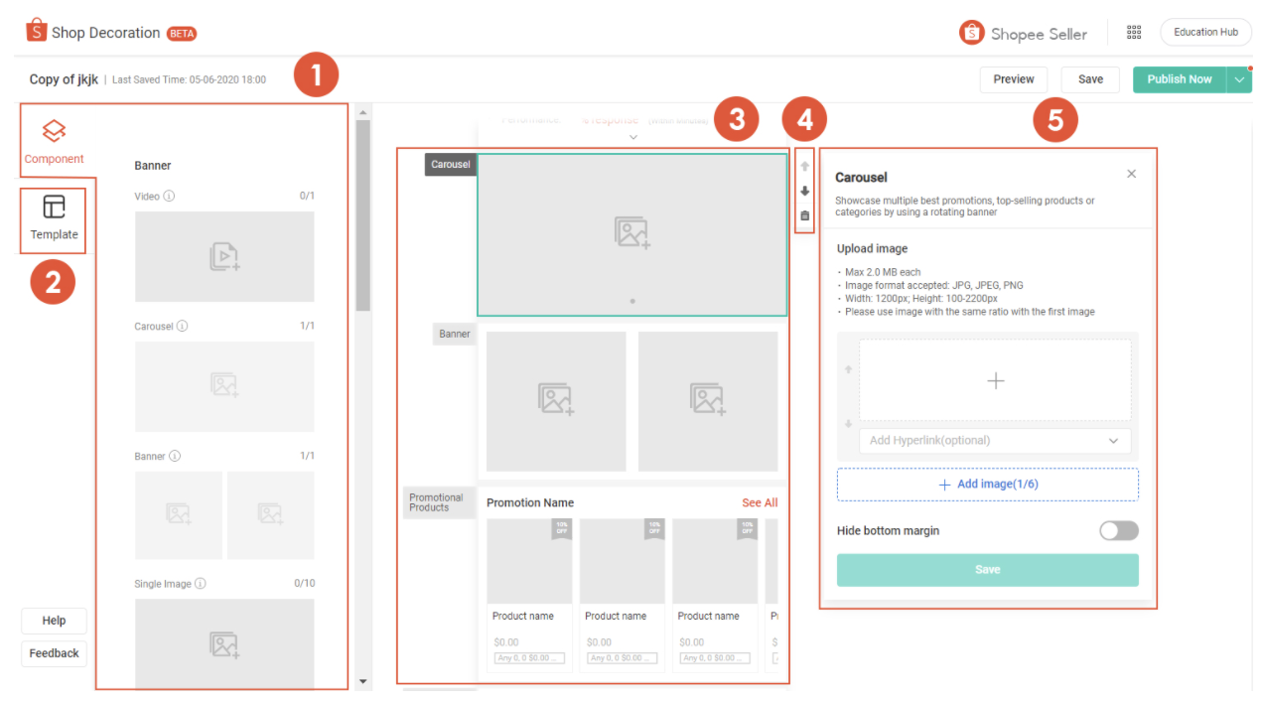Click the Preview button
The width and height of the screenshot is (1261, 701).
pyautogui.click(x=1013, y=79)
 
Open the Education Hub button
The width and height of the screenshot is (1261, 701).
pyautogui.click(x=1205, y=32)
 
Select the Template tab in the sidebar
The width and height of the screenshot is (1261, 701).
pyautogui.click(x=54, y=219)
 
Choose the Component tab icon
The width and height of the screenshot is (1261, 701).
pyautogui.click(x=54, y=130)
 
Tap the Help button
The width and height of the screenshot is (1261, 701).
pyautogui.click(x=54, y=621)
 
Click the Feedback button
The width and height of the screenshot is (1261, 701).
pyautogui.click(x=54, y=653)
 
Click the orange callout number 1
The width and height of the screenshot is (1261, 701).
pyautogui.click(x=316, y=75)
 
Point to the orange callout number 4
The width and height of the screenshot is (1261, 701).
pyautogui.click(x=804, y=120)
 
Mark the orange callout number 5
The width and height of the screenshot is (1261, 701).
pyautogui.click(x=1054, y=120)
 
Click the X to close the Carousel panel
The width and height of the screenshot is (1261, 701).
pyautogui.click(x=1131, y=174)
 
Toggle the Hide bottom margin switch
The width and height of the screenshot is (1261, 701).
pyautogui.click(x=1118, y=531)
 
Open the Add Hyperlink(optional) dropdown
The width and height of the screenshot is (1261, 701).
pyautogui.click(x=994, y=441)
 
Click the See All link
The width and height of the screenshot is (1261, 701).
pyautogui.click(x=760, y=503)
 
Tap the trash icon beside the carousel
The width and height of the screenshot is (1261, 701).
pyautogui.click(x=804, y=215)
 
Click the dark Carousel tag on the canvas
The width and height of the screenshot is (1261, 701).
pyautogui.click(x=451, y=165)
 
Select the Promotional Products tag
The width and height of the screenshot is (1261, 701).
pyautogui.click(x=437, y=503)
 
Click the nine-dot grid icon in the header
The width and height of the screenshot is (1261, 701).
pyautogui.click(x=1134, y=32)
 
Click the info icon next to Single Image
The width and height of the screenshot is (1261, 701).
pyautogui.click(x=201, y=584)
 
